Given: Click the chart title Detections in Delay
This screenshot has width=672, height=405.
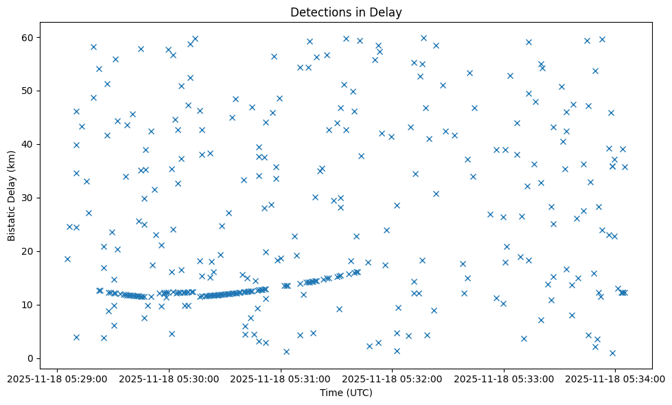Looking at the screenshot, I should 346,12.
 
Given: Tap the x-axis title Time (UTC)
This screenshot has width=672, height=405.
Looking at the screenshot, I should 346,393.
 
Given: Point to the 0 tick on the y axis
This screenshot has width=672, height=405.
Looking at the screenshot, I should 31,358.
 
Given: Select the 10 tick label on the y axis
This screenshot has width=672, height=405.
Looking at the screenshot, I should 28,305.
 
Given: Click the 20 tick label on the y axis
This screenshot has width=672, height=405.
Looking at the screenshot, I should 28,251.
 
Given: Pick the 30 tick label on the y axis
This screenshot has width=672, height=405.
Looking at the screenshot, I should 28,198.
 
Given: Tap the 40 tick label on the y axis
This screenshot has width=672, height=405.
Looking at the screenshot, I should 28,144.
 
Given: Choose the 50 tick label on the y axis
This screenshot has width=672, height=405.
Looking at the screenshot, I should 28,91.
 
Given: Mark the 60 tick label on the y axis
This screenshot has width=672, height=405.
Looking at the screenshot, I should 28,37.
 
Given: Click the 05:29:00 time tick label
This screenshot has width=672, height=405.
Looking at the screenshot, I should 57,378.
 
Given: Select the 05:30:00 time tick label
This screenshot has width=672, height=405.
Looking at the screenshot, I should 169,378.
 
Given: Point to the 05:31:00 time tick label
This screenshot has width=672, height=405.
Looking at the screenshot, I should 281,378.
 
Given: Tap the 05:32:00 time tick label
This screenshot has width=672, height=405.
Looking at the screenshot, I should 393,378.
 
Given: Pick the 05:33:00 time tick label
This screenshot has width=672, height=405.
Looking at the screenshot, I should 504,378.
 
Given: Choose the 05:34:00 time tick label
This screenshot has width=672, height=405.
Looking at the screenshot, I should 616,378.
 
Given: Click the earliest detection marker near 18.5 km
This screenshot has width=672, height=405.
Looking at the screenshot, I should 67,259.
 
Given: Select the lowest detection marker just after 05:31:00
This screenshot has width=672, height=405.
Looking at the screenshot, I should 286,351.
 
